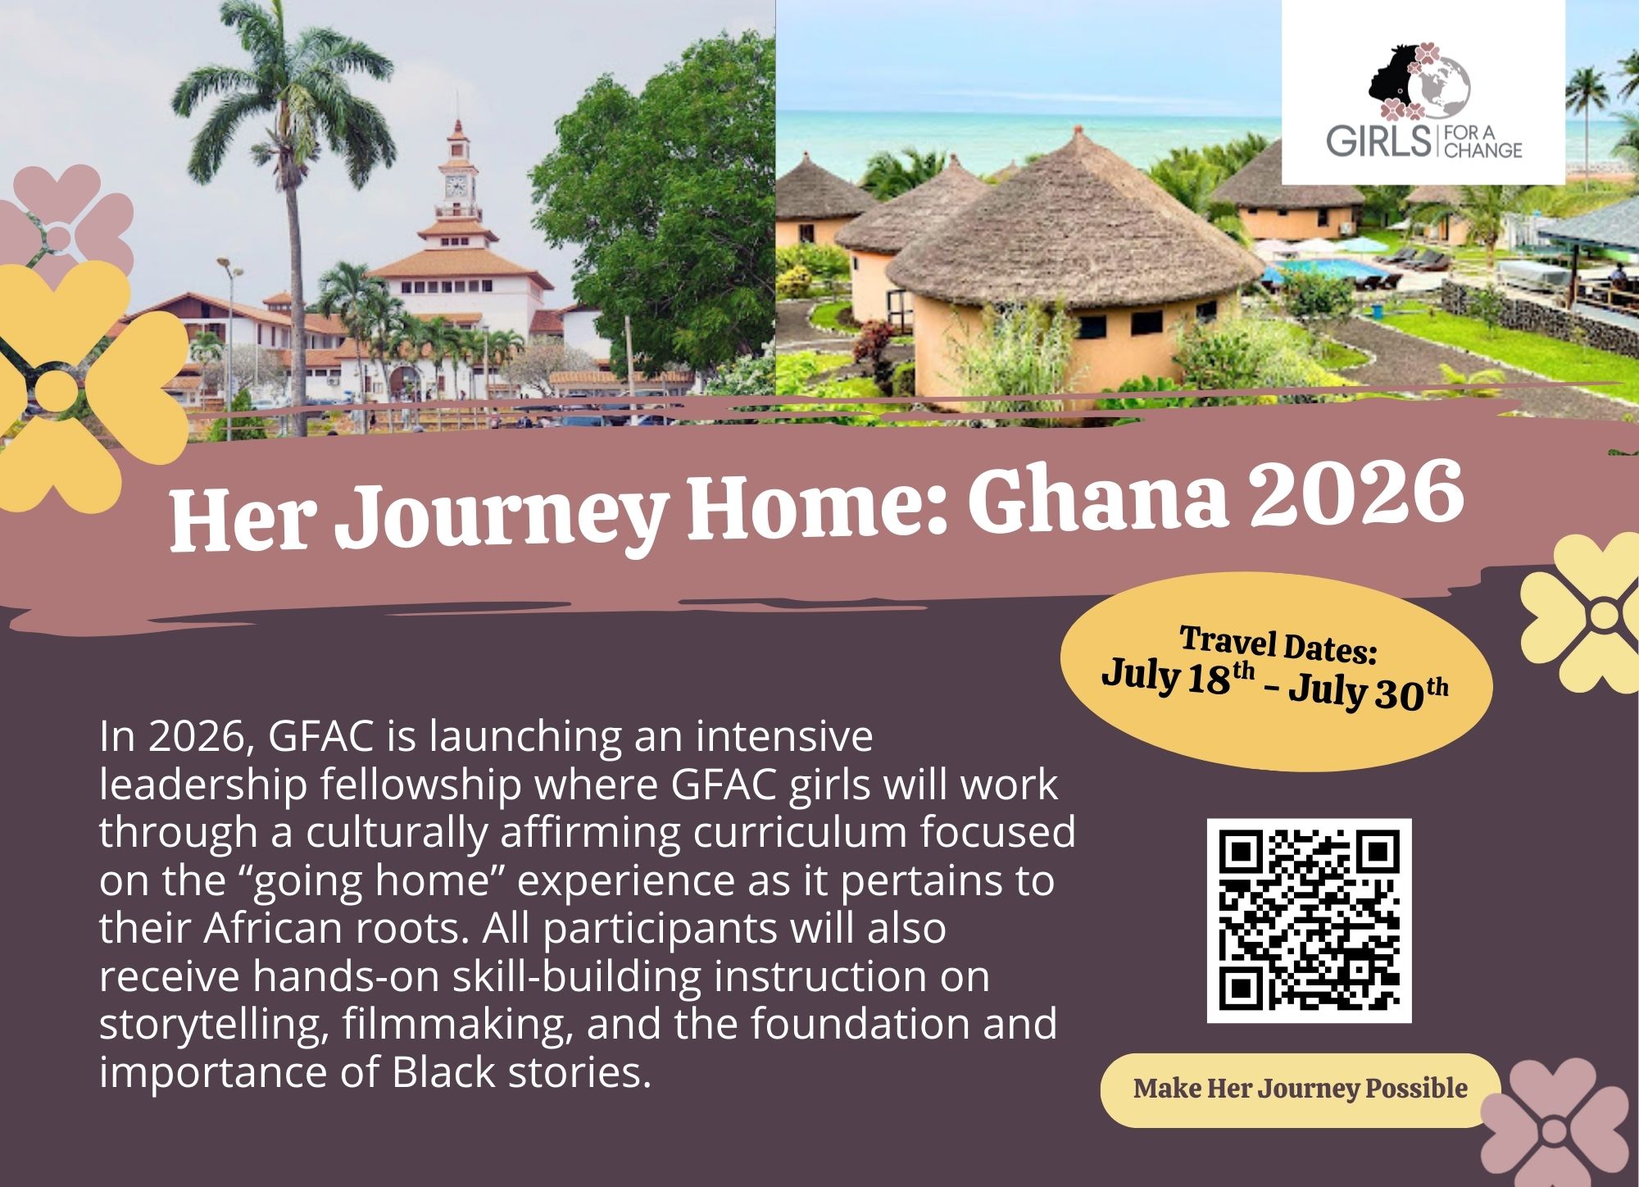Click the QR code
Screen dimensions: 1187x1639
tap(1309, 921)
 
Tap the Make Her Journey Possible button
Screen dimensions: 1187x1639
tap(1301, 1089)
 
